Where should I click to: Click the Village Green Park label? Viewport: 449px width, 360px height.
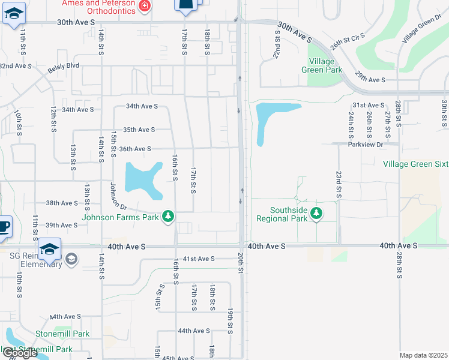click(x=325, y=66)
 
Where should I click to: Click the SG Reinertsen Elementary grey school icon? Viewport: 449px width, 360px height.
click(x=71, y=259)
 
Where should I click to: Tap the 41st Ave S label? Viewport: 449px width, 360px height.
click(x=199, y=259)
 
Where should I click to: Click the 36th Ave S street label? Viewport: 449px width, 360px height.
click(x=135, y=149)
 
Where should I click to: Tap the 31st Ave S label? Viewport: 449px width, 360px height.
click(x=369, y=105)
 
